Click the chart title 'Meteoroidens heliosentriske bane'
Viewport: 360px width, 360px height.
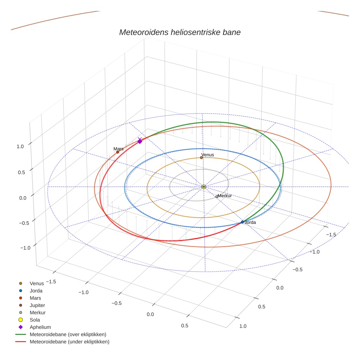[180, 32]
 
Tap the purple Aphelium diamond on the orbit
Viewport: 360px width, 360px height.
[139, 141]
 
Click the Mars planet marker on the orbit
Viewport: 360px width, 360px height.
[117, 152]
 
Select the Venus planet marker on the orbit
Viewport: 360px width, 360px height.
[201, 158]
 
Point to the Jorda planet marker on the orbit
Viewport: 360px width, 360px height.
[242, 222]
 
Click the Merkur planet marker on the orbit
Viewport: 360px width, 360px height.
[217, 196]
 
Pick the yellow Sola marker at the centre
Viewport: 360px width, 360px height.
[204, 187]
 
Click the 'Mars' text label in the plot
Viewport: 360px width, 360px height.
[119, 149]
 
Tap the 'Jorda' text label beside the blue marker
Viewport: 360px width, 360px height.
[250, 222]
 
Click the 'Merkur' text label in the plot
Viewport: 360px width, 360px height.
[225, 196]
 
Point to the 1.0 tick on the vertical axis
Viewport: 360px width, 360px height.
[20, 146]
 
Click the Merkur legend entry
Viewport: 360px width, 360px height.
[37, 312]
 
